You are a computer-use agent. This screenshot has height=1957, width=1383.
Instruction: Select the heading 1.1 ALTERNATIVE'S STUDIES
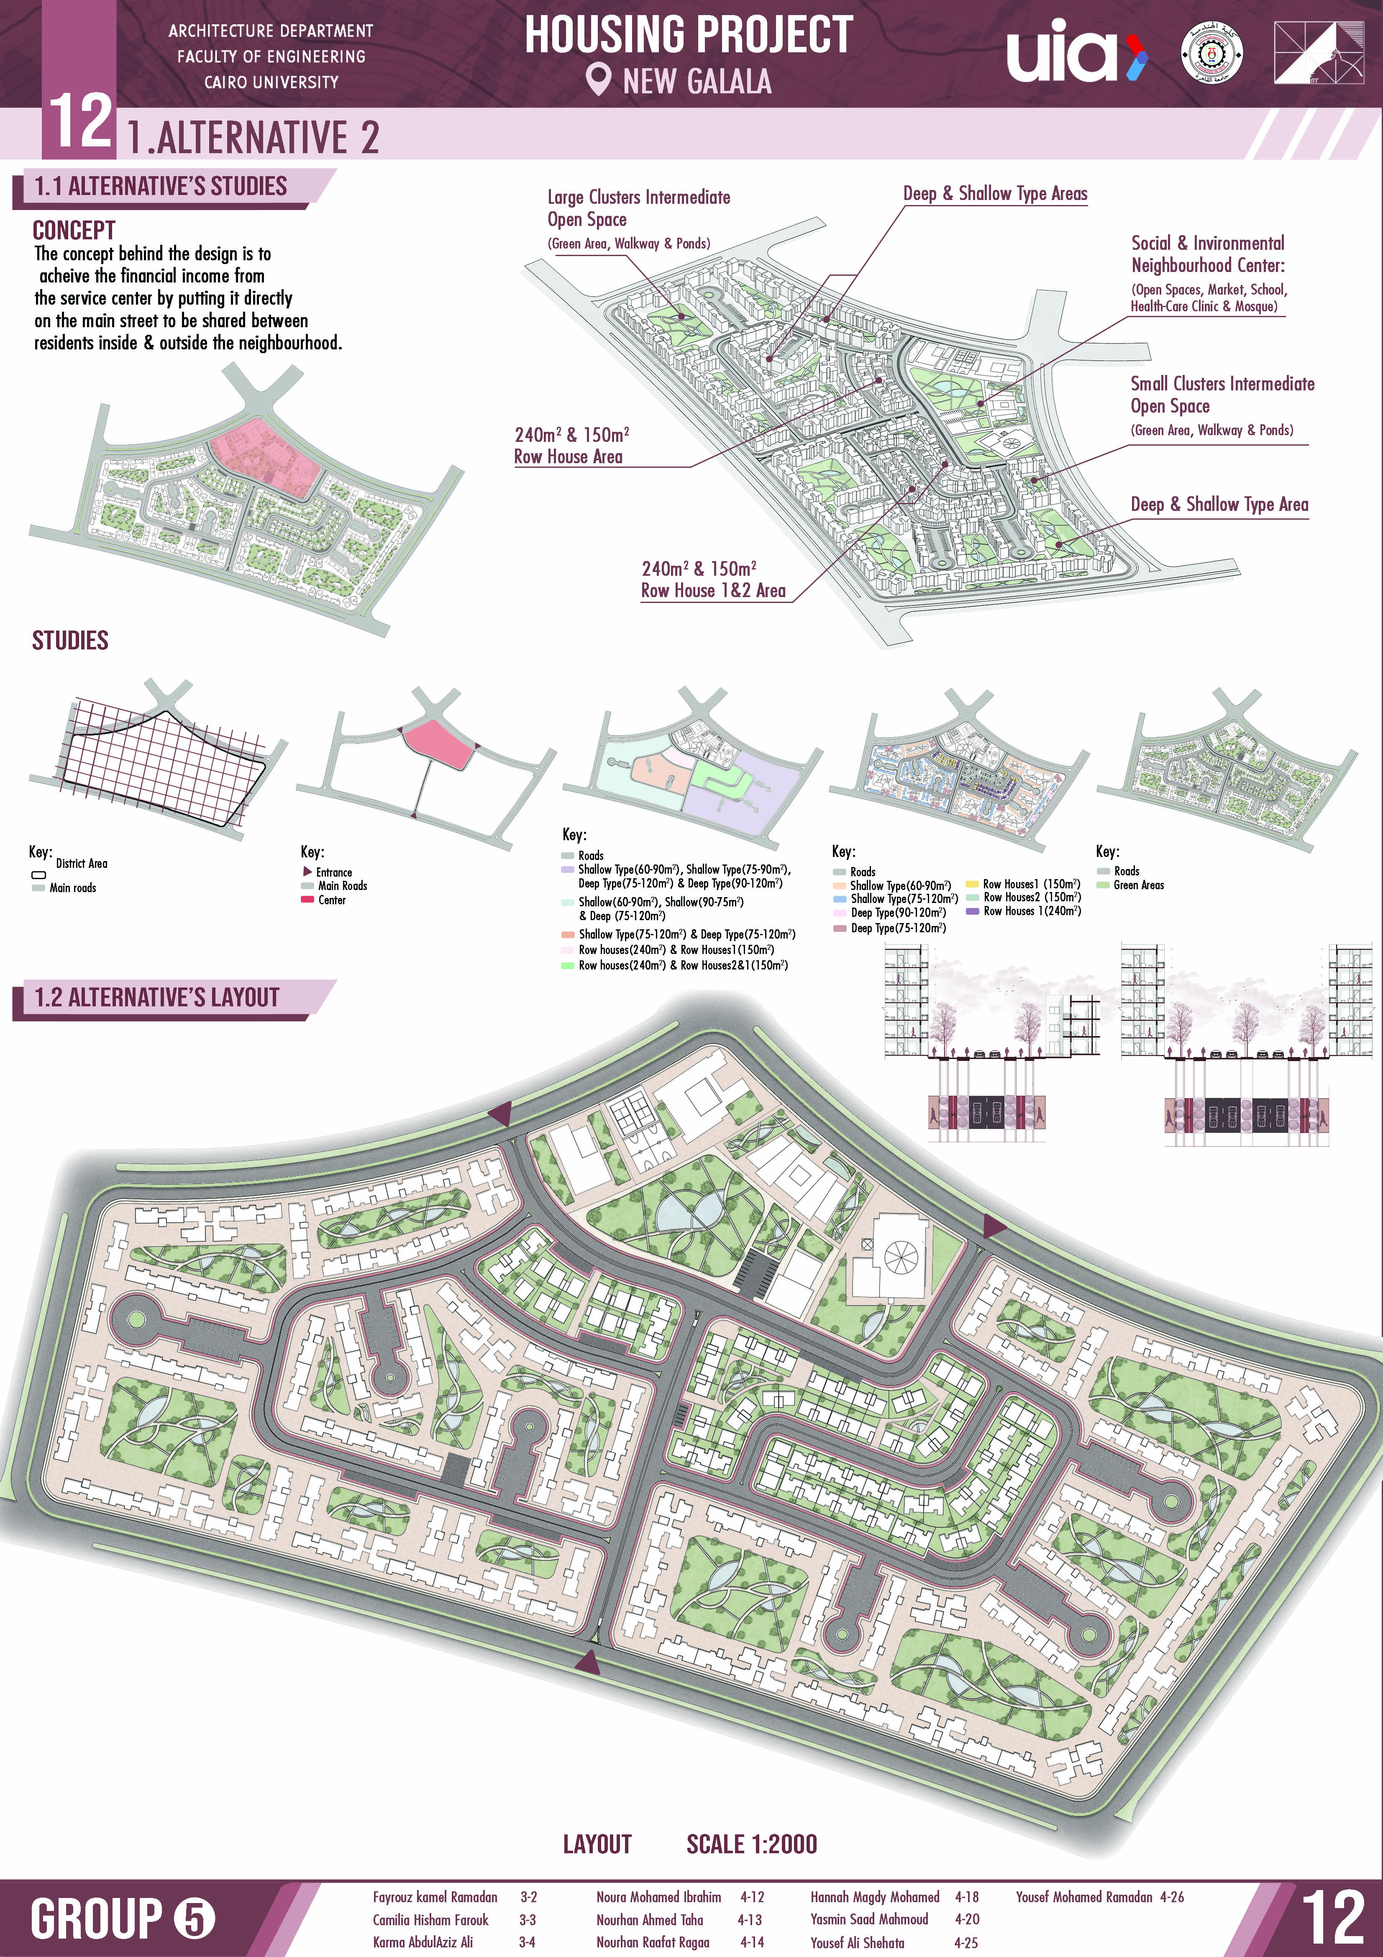(x=160, y=187)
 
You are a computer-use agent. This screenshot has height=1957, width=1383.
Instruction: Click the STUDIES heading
(x=70, y=640)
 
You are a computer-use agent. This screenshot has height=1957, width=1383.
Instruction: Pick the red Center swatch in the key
(x=307, y=900)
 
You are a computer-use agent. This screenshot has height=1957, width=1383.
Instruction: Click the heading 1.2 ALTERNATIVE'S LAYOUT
(x=157, y=997)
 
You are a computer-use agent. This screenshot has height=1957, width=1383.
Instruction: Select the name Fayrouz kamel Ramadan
(x=435, y=1897)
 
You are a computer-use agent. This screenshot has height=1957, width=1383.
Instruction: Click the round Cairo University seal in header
(x=1211, y=53)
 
